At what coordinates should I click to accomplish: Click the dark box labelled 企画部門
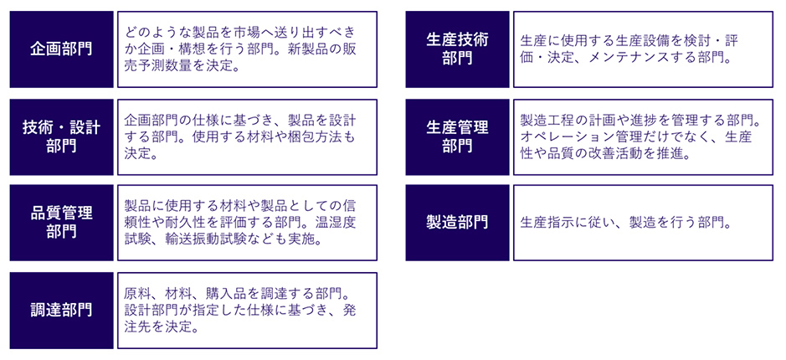coord(62,49)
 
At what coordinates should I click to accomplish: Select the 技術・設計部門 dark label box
coord(62,136)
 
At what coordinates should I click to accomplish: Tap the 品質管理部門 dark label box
coord(62,223)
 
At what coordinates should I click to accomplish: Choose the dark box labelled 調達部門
coord(62,311)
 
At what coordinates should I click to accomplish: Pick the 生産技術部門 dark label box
coord(457,49)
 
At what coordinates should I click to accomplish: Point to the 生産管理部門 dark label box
coord(457,136)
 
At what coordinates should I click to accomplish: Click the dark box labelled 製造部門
coord(457,223)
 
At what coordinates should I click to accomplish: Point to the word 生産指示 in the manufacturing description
coord(544,222)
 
